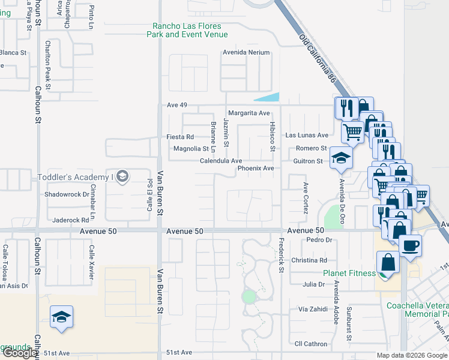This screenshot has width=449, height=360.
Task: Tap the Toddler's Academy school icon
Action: click(x=122, y=176)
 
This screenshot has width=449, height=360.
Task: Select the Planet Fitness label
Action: click(x=349, y=273)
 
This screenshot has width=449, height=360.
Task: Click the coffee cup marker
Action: click(x=410, y=245)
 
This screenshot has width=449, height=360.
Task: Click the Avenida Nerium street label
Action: click(x=247, y=52)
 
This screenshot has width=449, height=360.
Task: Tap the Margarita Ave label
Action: click(x=249, y=113)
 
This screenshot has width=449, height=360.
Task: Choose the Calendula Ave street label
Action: click(x=221, y=161)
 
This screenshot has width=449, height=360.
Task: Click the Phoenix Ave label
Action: click(x=256, y=169)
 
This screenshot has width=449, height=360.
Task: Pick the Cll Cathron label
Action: click(x=311, y=344)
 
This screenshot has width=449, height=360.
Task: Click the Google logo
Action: click(x=19, y=353)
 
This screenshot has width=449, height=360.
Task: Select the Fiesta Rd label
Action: click(x=180, y=137)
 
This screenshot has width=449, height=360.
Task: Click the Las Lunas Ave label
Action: click(x=307, y=135)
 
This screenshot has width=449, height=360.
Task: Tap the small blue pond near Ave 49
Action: click(x=268, y=97)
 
